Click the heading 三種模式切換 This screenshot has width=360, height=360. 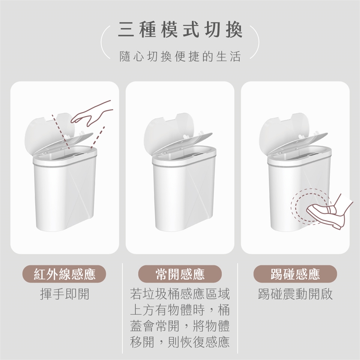coord(180,30)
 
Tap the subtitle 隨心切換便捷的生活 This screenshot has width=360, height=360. coord(180,57)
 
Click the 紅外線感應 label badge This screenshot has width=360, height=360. coord(64,274)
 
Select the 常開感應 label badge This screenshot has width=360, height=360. coord(180,274)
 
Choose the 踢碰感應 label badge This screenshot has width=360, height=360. coord(295,274)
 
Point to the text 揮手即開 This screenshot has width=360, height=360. coord(64,294)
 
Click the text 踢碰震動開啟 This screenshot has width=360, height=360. coord(295,294)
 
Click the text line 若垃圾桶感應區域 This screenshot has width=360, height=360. coord(180,294)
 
